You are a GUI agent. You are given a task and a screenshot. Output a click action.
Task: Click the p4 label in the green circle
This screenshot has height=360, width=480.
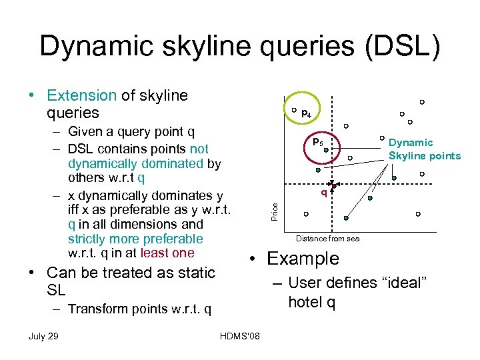(x=305, y=114)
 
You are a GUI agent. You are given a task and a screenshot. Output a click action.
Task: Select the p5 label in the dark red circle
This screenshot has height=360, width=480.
(x=318, y=143)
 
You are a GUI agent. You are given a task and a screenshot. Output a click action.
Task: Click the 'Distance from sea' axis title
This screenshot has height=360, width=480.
(x=327, y=239)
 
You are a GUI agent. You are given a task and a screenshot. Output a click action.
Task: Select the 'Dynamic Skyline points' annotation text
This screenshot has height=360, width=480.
(x=424, y=149)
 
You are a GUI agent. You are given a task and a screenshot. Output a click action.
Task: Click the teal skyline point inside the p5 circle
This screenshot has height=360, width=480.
(x=326, y=151)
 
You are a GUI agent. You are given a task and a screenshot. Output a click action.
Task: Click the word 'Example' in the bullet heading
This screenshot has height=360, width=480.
(x=303, y=259)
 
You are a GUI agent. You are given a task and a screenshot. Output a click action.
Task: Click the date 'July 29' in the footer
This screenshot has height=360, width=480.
(x=43, y=335)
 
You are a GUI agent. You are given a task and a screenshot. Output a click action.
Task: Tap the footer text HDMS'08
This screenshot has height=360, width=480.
(x=239, y=335)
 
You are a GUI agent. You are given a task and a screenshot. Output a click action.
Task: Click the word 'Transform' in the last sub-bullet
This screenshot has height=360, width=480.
(x=99, y=309)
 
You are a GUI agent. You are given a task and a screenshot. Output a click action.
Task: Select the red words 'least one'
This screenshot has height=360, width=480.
(x=167, y=253)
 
